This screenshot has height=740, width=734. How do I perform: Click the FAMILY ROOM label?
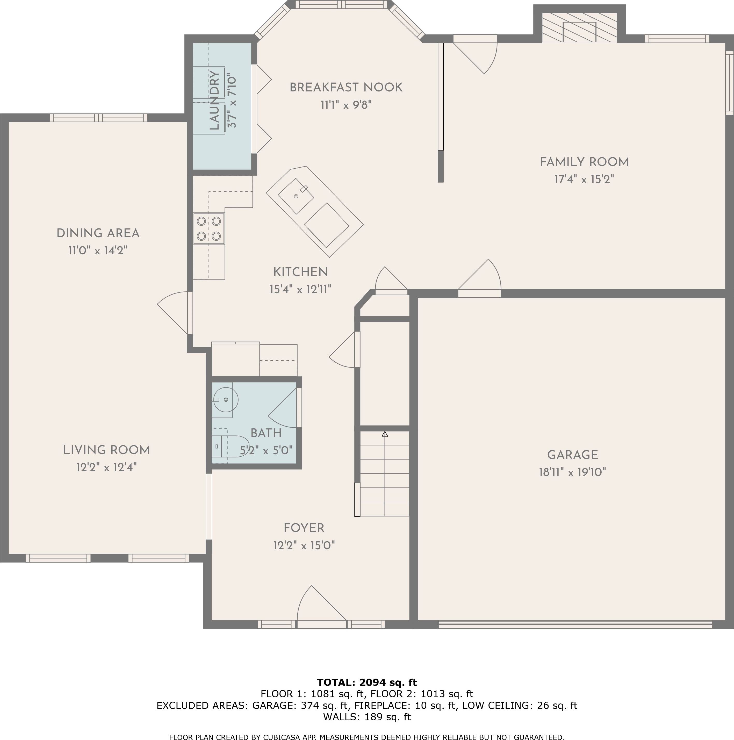point(584,162)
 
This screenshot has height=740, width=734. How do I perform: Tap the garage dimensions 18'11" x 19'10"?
point(572,472)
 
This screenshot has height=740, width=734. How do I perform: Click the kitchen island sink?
point(296,196)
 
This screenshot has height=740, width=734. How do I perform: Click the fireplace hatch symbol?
point(579,27)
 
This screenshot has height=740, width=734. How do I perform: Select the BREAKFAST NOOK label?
point(346,87)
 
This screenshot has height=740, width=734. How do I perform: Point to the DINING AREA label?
point(98,233)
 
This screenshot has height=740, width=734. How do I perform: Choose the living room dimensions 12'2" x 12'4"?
point(106,467)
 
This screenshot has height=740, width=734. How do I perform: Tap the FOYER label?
point(304,528)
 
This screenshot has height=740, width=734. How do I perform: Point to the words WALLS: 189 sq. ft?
point(367,717)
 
